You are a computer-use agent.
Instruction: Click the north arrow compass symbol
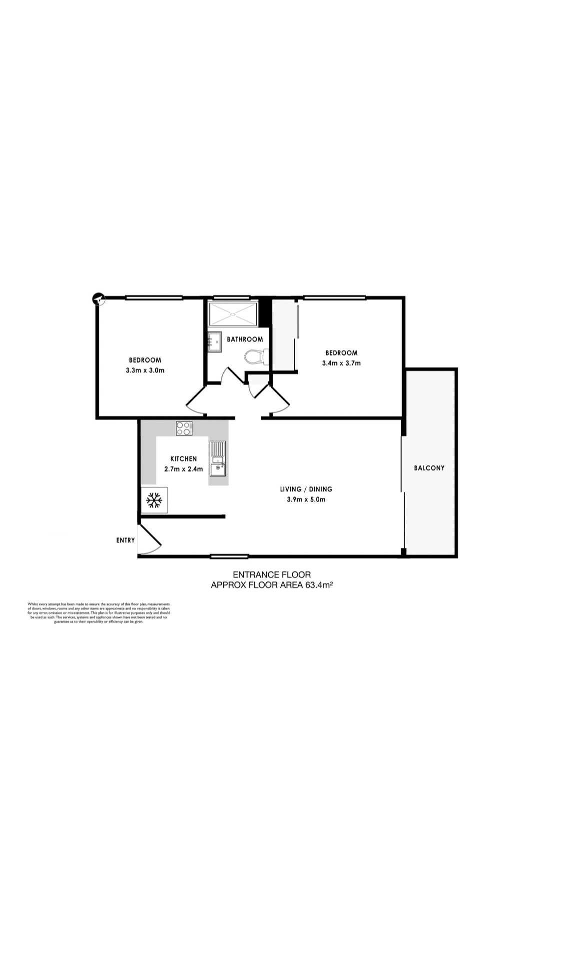click(x=99, y=299)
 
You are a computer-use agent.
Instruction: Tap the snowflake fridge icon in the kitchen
click(x=154, y=499)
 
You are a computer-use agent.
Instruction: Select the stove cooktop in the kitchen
click(x=184, y=428)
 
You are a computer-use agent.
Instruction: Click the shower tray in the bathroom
click(x=233, y=314)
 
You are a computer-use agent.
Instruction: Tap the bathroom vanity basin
click(x=214, y=342)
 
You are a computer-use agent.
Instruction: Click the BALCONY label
click(x=429, y=468)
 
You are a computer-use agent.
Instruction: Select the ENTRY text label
click(x=125, y=540)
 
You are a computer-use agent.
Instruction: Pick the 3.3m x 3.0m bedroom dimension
click(x=145, y=370)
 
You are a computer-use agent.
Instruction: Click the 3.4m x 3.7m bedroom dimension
click(x=341, y=363)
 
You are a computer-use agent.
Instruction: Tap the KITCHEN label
click(x=183, y=458)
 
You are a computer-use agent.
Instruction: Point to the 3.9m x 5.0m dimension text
click(x=306, y=499)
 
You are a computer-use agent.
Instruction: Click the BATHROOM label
click(x=245, y=339)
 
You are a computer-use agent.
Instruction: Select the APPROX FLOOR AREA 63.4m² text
click(x=272, y=584)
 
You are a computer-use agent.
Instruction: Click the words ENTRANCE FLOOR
click(x=272, y=575)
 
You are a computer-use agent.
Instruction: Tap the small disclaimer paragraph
click(x=99, y=613)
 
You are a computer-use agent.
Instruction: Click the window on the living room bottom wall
click(x=229, y=556)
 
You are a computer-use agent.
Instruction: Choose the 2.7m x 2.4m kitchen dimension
click(x=183, y=469)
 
